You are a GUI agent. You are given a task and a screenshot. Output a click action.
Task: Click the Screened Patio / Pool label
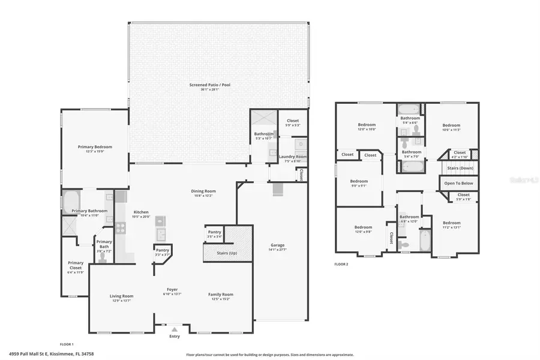tap(209, 85)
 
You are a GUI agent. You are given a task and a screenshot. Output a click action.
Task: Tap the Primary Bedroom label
tap(94, 146)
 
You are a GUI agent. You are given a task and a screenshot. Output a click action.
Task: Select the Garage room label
tap(277, 245)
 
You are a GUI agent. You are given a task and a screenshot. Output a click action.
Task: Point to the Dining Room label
tap(203, 191)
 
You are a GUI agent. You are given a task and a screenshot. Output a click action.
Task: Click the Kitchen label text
tap(140, 212)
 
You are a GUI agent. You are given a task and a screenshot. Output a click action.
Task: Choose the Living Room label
tap(121, 295)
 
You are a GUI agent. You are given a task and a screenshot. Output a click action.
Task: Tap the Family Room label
tap(220, 295)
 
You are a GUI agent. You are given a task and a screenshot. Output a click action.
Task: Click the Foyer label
tap(172, 290)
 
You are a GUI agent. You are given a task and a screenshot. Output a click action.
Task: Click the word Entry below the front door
tap(174, 337)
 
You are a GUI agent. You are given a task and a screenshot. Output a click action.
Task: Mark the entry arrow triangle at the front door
tap(174, 329)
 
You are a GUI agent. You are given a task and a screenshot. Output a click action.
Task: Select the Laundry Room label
tap(292, 157)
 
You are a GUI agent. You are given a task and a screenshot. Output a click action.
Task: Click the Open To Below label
tap(458, 183)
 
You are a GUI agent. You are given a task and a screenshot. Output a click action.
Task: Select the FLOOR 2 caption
tap(341, 263)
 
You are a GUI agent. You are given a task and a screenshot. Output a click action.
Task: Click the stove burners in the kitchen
tap(119, 227)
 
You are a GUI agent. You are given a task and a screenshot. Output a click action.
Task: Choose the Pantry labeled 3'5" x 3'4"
tap(214, 232)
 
